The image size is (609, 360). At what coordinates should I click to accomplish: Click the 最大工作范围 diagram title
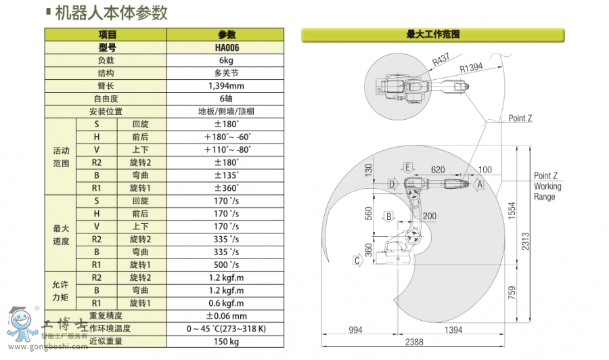pos(433,33)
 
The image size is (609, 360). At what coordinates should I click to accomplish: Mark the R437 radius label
pos(441,60)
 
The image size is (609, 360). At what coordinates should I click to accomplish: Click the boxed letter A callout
pos(480,183)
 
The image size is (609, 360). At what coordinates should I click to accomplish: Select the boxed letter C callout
pos(356,259)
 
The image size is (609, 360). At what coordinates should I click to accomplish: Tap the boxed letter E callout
pos(407,166)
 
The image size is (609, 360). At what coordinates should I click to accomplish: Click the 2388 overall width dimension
pos(414,343)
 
